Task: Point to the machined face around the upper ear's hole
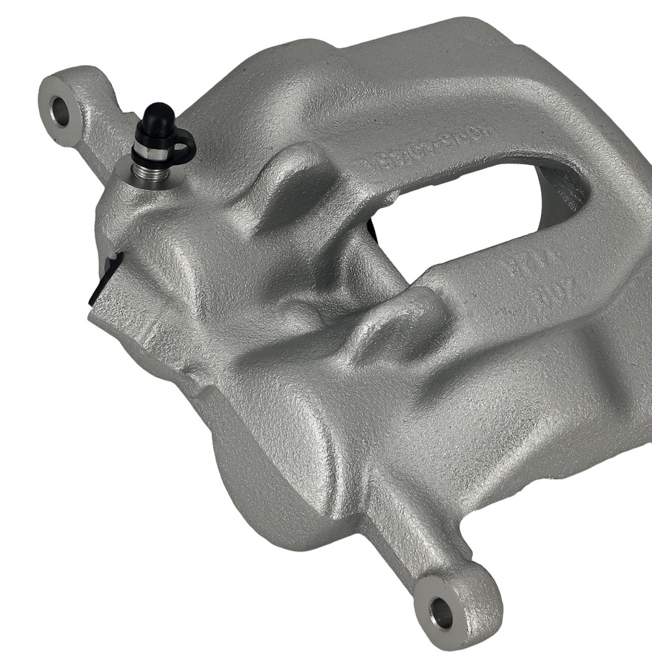(52, 98)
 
